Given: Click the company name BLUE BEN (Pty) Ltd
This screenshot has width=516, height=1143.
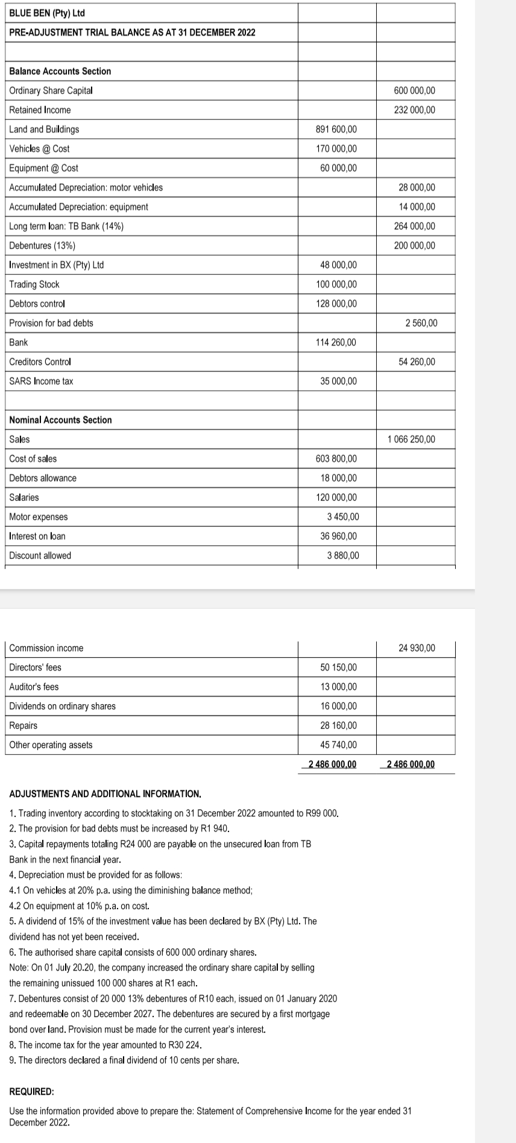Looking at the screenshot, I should (x=47, y=13).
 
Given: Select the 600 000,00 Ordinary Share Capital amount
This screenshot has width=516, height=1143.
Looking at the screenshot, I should (x=414, y=90).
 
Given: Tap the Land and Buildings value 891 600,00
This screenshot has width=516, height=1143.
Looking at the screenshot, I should (x=336, y=129).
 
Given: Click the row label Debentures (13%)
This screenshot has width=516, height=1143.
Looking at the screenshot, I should (x=42, y=245).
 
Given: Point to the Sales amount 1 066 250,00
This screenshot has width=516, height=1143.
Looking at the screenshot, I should (x=411, y=439).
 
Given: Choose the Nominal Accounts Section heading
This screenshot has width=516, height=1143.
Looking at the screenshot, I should (x=60, y=420).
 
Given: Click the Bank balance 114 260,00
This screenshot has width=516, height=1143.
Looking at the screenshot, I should (x=336, y=342).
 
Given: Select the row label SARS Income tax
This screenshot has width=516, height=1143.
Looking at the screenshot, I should (x=41, y=381).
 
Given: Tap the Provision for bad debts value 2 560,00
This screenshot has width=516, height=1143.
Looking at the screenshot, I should (x=421, y=323).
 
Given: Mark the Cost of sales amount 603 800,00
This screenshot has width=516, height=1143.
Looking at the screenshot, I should (x=336, y=459).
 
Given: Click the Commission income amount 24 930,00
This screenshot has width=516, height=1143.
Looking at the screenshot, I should (x=417, y=648).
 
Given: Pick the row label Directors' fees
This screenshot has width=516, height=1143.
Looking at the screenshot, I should (x=35, y=667).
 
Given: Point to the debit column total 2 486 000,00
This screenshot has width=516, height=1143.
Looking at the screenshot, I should (x=332, y=764).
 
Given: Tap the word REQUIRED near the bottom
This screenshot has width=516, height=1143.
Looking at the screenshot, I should (x=31, y=1092).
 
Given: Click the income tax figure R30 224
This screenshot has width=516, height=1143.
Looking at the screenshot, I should (x=184, y=1045).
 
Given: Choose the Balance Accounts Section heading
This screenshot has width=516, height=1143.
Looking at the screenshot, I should (x=60, y=71).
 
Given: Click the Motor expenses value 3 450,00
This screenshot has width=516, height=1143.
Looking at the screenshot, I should (x=342, y=517).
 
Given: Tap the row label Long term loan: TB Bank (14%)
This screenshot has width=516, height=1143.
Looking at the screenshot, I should (x=66, y=226).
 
